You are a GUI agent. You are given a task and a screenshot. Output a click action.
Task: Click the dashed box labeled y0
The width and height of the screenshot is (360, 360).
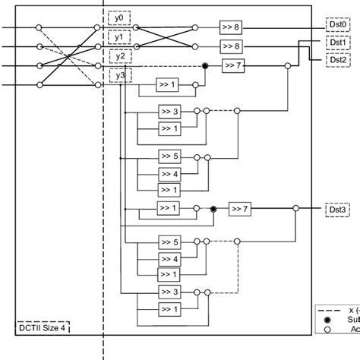coord(118,17)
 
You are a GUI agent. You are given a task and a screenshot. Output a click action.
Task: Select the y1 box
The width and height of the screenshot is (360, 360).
coord(118,36)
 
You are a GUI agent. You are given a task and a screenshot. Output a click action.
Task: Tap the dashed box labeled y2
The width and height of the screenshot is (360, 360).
coord(118,56)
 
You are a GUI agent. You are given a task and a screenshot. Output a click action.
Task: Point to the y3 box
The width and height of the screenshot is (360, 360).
coord(118,75)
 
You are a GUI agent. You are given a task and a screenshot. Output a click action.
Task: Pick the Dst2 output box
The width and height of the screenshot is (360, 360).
coord(337,59)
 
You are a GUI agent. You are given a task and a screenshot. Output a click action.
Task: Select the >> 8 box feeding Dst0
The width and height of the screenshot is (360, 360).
coord(231,27)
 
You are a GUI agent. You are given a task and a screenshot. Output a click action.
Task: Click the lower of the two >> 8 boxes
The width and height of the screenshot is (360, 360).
coord(231,46)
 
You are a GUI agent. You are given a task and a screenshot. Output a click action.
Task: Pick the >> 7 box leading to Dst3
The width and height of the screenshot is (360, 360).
coord(239,208)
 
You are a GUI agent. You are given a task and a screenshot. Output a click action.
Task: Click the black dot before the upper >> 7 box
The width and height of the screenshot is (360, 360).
coord(205,66)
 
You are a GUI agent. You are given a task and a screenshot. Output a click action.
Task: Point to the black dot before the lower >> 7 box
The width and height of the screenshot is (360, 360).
coord(213,208)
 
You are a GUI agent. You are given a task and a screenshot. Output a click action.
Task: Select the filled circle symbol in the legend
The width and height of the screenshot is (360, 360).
coord(327,321)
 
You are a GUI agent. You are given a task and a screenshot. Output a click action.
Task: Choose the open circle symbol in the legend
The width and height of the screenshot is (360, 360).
coord(327,330)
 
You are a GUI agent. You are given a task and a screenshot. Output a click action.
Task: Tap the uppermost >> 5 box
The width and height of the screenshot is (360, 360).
coord(169,156)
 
